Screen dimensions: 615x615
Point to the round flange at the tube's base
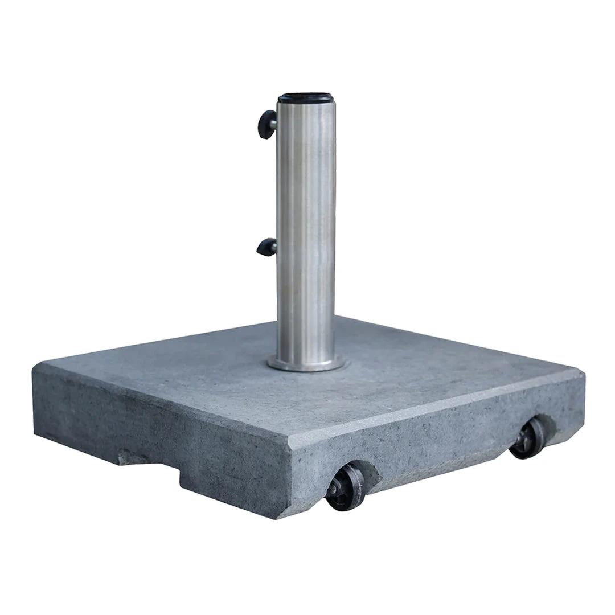click(306, 364)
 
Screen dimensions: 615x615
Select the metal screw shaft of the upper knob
click(274, 123)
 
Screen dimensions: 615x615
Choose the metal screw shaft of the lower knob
click(274, 247)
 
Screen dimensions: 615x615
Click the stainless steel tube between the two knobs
click(306, 188)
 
